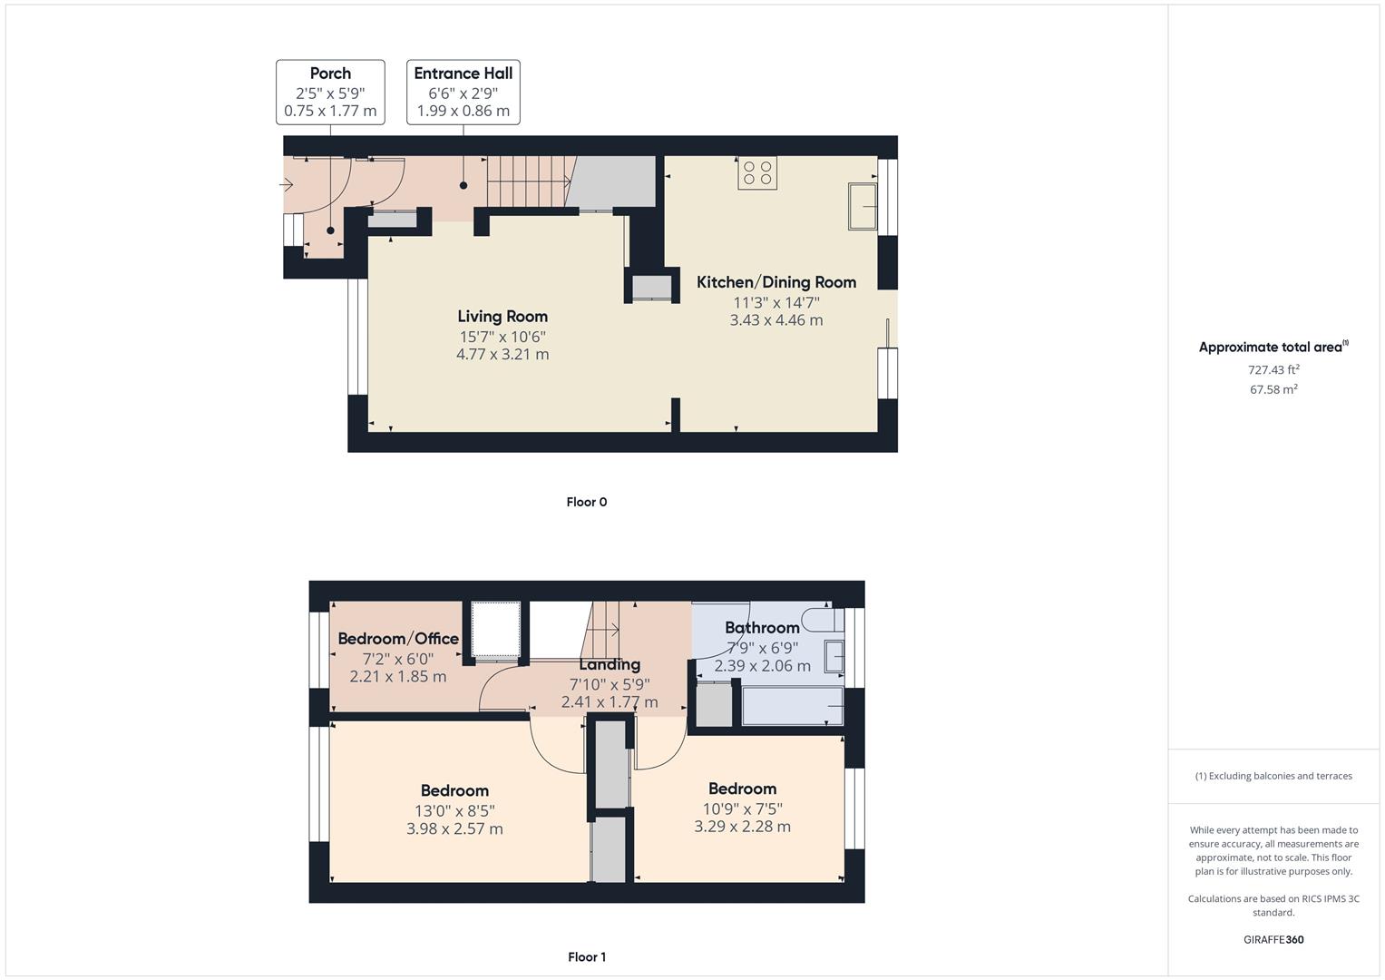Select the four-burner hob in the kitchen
[757, 172]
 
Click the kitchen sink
[863, 206]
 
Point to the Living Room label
[502, 317]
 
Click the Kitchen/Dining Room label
[776, 282]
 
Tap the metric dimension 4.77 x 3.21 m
[502, 355]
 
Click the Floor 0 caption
[587, 502]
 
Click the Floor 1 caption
[587, 956]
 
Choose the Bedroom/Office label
[398, 639]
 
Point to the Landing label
[610, 664]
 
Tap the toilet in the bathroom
[825, 620]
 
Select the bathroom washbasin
[834, 656]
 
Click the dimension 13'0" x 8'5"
[454, 810]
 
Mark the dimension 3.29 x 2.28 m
[743, 827]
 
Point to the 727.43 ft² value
[1273, 369]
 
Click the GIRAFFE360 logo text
[1273, 939]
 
